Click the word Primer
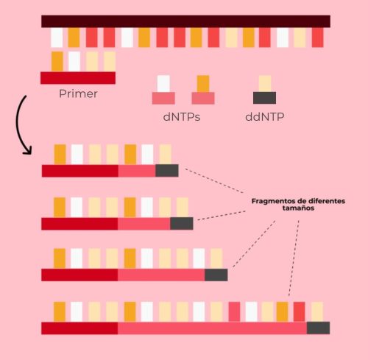pyautogui.click(x=78, y=94)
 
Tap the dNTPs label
pyautogui.click(x=182, y=117)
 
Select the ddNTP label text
pyautogui.click(x=265, y=117)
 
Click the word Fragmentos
pyautogui.click(x=274, y=201)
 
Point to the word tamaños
pyautogui.click(x=298, y=208)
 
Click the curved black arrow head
pyautogui.click(x=28, y=151)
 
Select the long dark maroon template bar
pyautogui.click(x=185, y=21)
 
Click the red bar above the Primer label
pyautogui.click(x=78, y=78)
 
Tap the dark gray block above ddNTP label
pyautogui.click(x=264, y=98)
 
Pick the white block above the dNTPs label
pyautogui.click(x=163, y=84)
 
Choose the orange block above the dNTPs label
pyautogui.click(x=203, y=84)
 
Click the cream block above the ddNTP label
pyautogui.click(x=265, y=84)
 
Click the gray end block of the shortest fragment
pyautogui.click(x=167, y=171)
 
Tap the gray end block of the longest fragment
pyautogui.click(x=318, y=328)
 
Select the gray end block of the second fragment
pyautogui.click(x=182, y=224)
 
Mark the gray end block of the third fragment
pyautogui.click(x=216, y=275)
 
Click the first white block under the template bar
pyautogui.click(x=57, y=38)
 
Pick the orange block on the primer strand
pyautogui.click(x=57, y=61)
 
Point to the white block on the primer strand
pyautogui.click(x=74, y=61)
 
